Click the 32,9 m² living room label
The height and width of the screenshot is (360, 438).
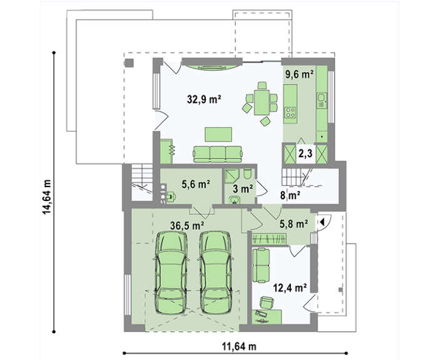click(204, 99)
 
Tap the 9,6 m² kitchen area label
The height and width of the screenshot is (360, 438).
click(299, 75)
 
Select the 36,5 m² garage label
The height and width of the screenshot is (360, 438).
click(187, 225)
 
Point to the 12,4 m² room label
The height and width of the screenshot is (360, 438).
click(290, 287)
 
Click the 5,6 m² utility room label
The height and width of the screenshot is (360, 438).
click(196, 184)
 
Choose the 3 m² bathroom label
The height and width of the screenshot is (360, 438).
click(243, 189)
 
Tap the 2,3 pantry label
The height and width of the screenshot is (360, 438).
click(305, 153)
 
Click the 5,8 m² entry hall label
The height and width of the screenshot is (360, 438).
click(294, 224)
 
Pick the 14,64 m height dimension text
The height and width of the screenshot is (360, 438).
click(47, 197)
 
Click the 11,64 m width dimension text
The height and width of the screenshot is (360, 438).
click(239, 347)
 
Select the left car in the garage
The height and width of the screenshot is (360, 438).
click(171, 273)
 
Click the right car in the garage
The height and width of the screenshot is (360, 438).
click(215, 273)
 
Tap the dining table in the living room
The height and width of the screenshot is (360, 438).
click(262, 102)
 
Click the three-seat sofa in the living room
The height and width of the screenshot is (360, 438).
click(218, 154)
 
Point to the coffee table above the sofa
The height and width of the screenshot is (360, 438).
click(218, 135)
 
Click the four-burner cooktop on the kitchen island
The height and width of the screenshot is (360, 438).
click(290, 113)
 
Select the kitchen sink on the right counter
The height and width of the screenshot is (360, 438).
click(322, 98)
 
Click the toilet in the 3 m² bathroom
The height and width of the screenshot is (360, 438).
click(247, 174)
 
